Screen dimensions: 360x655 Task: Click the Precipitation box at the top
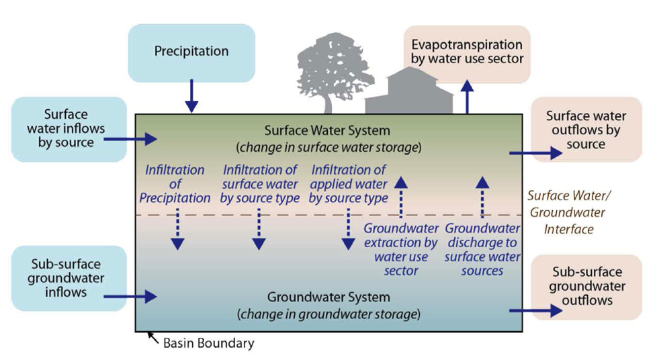[191, 52]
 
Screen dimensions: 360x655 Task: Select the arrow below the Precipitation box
[191, 95]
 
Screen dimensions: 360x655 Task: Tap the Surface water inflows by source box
[66, 129]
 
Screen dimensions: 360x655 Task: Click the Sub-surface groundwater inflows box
[66, 278]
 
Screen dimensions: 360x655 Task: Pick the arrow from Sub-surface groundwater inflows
[140, 295]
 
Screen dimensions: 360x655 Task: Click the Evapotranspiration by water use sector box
[467, 52]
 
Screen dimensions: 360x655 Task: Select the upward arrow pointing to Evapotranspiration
[468, 97]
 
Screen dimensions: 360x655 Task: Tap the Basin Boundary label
[209, 344]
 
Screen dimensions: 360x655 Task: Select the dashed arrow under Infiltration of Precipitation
[177, 228]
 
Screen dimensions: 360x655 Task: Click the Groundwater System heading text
[329, 297]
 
